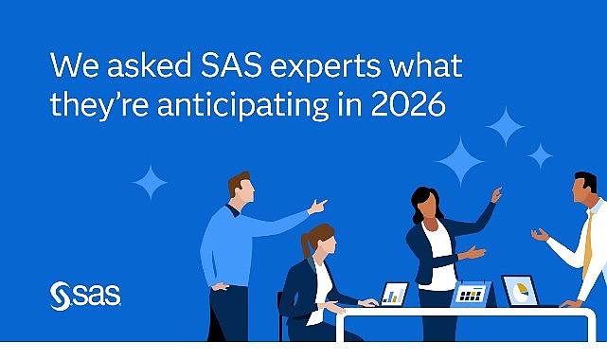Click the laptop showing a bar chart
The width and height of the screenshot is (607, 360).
393,294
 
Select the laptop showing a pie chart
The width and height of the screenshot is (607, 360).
520,291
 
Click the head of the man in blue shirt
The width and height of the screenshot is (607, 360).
241,187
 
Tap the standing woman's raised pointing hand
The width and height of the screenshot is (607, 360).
496,194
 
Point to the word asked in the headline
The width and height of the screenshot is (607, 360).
121,65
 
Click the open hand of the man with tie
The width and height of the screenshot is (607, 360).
540,234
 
